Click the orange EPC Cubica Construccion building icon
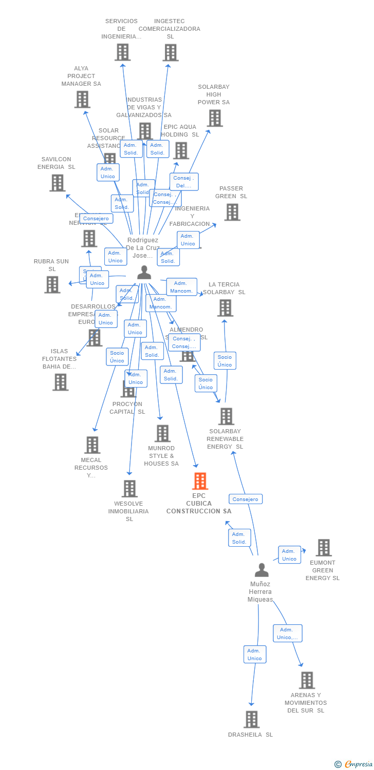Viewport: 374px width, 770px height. (200, 481)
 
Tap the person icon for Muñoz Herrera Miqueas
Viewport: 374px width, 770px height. (261, 570)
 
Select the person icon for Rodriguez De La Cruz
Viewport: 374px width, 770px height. (144, 272)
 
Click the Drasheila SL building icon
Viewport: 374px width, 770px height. (251, 719)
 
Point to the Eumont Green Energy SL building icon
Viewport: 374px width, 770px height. (323, 548)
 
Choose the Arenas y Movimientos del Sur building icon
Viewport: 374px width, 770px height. (307, 680)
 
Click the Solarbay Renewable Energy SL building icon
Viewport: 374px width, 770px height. (226, 416)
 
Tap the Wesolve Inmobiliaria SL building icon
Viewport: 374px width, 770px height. (129, 489)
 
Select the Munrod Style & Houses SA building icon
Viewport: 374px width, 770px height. (162, 433)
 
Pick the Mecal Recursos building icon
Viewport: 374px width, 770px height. (92, 445)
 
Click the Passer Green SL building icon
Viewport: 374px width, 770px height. (232, 212)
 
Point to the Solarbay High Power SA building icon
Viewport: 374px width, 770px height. (214, 118)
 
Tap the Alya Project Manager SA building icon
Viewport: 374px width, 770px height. (82, 100)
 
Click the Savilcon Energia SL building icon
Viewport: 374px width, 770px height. (57, 183)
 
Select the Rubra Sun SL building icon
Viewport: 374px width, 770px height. (52, 284)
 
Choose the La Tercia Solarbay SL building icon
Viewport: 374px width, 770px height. (225, 308)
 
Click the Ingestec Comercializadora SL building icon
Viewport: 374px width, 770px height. (170, 52)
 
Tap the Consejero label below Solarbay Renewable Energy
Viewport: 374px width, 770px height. (246, 499)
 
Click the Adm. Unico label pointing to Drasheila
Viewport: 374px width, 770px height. (255, 654)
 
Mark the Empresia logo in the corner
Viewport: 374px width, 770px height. (354, 764)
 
